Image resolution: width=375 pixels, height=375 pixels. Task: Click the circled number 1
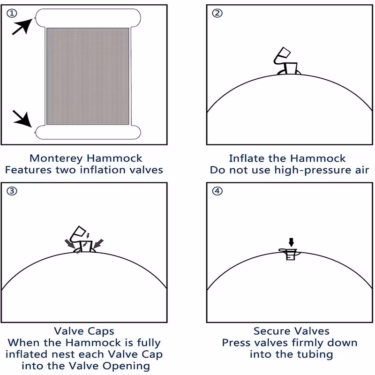[x=12, y=13]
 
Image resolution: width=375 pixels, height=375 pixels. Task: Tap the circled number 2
[x=217, y=13]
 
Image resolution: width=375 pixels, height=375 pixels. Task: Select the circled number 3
[x=12, y=191]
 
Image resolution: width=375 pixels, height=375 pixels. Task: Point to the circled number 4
[x=217, y=191]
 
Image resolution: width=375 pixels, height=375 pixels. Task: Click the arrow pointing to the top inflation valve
[x=22, y=27]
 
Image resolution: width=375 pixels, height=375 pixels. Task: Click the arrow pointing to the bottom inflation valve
[x=22, y=119]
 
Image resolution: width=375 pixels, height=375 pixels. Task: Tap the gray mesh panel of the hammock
[x=88, y=76]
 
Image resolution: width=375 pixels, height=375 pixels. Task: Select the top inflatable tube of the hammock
[x=88, y=18]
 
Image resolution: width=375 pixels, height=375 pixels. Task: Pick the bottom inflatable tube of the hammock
[x=88, y=132]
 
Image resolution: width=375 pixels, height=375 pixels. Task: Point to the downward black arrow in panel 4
[x=291, y=242]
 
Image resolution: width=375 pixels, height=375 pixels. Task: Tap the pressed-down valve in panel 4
[x=290, y=254]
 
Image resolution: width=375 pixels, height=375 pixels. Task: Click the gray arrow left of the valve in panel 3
[x=69, y=244]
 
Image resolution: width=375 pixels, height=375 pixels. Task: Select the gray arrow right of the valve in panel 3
[x=98, y=243]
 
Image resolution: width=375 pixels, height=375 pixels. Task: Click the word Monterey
[x=56, y=158]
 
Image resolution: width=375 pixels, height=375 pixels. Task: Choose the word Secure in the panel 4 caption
[x=272, y=331]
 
